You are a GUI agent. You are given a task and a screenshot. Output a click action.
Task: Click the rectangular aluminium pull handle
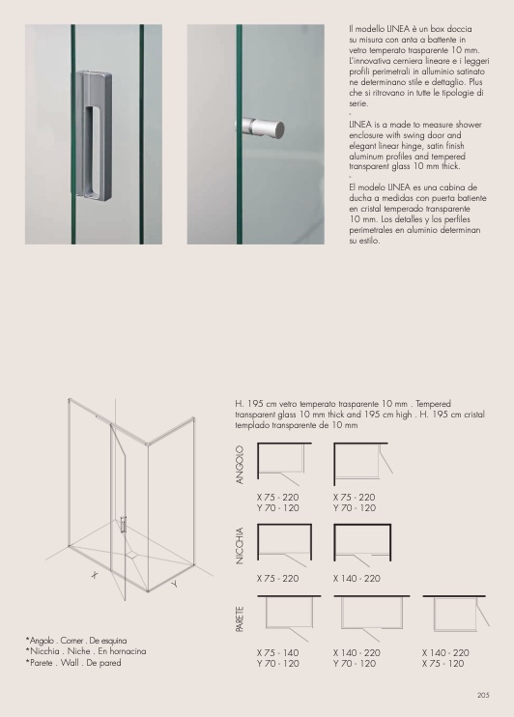pos(94,134)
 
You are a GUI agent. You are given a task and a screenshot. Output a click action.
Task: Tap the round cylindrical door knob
pos(260,128)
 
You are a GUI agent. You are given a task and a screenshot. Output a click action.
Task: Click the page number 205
pos(483,695)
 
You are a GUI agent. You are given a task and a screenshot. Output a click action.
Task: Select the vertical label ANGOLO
pos(240,465)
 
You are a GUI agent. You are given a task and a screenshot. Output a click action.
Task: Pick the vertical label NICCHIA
pos(240,546)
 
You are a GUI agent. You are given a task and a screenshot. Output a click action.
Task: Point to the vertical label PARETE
pos(240,619)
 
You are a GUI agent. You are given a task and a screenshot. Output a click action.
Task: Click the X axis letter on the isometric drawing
pos(95,575)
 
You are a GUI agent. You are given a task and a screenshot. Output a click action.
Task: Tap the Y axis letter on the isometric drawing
pos(174,584)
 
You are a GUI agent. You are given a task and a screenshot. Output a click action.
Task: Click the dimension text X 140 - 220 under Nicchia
pos(357,579)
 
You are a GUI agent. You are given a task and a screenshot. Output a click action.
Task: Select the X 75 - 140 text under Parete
pos(277,653)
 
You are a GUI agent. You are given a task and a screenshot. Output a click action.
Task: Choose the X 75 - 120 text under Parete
pos(443,664)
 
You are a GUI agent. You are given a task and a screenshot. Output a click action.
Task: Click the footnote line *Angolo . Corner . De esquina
pos(76,640)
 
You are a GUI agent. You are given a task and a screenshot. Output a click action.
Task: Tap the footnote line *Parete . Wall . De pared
pos(73,662)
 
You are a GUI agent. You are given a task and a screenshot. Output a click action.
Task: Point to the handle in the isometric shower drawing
pos(123,525)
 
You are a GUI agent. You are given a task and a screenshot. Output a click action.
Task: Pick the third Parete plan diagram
pos(455,613)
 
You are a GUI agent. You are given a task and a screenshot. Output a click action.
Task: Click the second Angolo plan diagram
pos(362,464)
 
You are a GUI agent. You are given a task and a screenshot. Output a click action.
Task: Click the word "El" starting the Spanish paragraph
pos(352,187)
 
